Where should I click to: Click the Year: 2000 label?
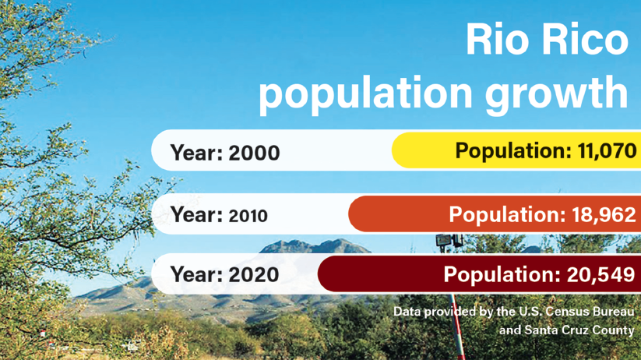224,152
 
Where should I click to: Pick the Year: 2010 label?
218,214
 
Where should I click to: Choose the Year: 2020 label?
224,274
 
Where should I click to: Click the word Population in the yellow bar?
512,150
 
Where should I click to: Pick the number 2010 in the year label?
248,215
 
